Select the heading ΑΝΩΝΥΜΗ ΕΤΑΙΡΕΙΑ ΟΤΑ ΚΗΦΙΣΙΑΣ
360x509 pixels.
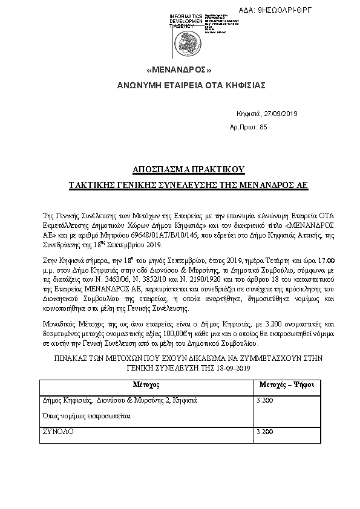click(191, 85)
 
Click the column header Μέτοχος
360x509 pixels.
click(145, 384)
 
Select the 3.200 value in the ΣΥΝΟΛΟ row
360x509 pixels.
click(265, 432)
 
